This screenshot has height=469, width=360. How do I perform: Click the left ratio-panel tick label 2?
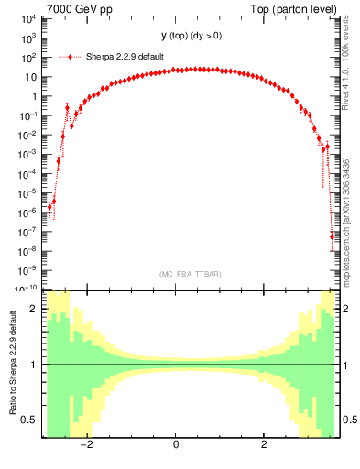click(34, 310)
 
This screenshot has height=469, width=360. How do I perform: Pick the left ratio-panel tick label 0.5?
click(30, 420)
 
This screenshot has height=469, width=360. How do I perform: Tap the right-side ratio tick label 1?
click(342, 365)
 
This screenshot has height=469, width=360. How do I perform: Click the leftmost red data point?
click(49, 207)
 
